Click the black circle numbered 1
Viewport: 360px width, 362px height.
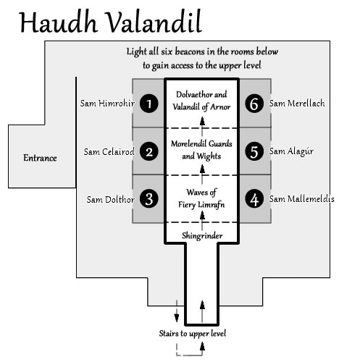[x=149, y=104]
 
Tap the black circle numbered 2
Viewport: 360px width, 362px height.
[x=149, y=151]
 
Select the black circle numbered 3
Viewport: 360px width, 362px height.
[x=149, y=199]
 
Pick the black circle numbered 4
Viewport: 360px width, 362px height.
[x=254, y=199]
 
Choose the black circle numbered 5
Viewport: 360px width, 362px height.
[x=254, y=151]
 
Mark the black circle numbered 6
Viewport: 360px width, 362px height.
[x=254, y=104]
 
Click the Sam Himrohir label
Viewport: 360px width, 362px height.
[x=107, y=104]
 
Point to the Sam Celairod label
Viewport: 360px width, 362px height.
[x=109, y=152]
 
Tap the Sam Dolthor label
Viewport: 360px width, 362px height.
[x=111, y=200]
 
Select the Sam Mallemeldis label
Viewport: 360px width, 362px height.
[x=302, y=199]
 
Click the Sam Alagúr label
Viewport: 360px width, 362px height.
[x=291, y=151]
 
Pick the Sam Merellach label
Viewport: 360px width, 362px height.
[x=297, y=104]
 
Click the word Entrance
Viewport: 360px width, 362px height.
[x=40, y=158]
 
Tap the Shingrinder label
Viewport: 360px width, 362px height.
[x=202, y=236]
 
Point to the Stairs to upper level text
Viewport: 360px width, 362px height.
[x=193, y=334]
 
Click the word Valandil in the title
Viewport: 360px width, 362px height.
[x=154, y=22]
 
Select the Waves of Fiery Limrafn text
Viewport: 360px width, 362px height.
[x=201, y=198]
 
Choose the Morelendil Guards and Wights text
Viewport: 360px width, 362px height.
[x=201, y=150]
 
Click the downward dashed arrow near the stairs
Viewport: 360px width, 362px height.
[x=177, y=311]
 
